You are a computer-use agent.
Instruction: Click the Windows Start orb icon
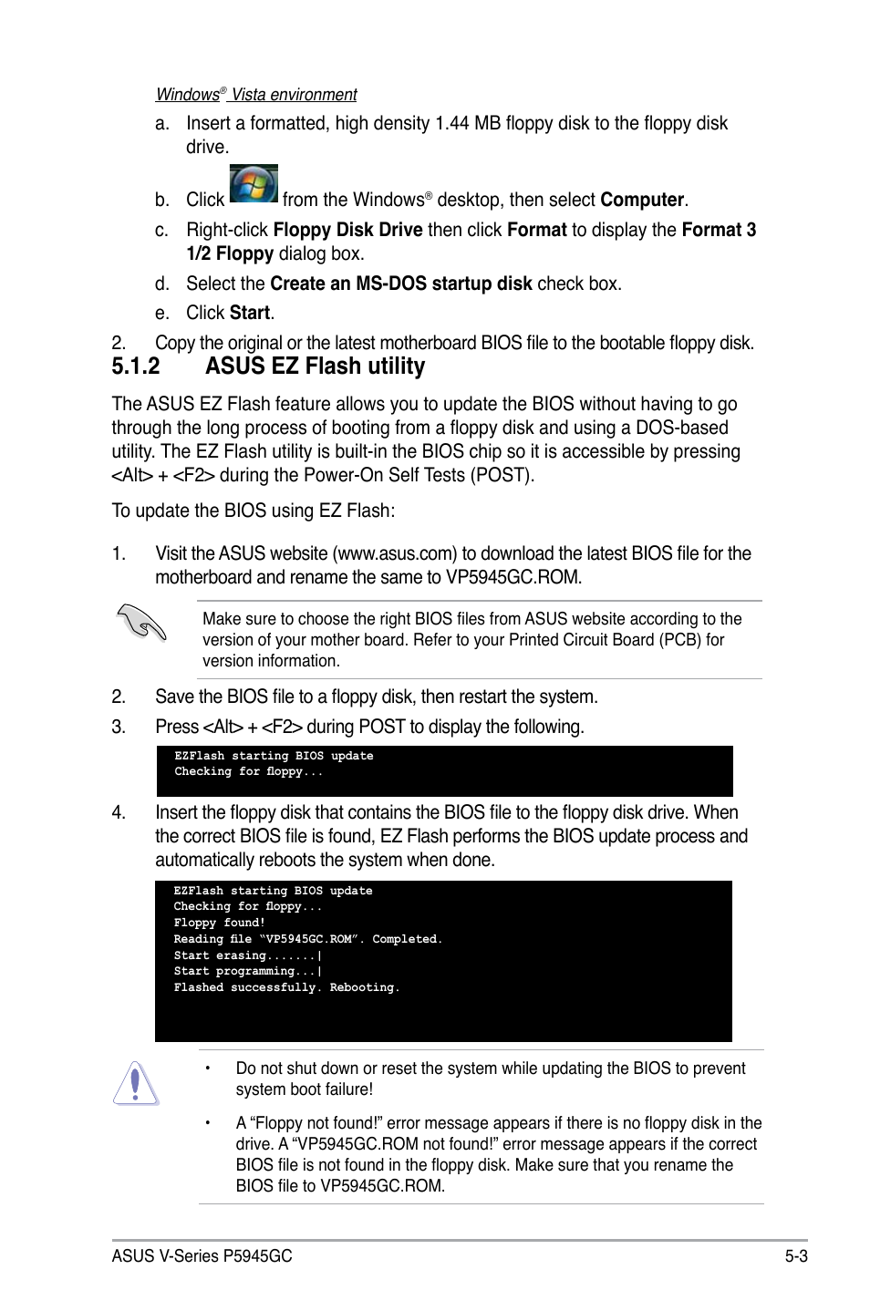(x=254, y=184)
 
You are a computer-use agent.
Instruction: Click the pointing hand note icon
(x=141, y=624)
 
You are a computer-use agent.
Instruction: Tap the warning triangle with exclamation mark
(x=136, y=1083)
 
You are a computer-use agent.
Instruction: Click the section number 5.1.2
(x=136, y=366)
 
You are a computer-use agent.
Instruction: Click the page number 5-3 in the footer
(x=795, y=1256)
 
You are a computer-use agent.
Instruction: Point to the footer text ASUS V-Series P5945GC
(x=202, y=1256)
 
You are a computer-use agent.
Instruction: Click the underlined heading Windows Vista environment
(x=256, y=95)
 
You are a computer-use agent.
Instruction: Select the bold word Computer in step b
(x=642, y=200)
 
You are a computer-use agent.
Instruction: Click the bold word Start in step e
(x=250, y=313)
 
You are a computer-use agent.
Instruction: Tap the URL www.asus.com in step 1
(x=397, y=553)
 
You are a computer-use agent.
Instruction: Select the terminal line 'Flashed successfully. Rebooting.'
(x=286, y=987)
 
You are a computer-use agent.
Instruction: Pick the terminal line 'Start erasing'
(x=246, y=955)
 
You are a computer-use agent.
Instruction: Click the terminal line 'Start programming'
(x=246, y=971)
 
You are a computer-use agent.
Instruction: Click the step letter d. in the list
(x=162, y=284)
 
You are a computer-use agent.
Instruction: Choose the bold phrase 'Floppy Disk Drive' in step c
(x=347, y=230)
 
